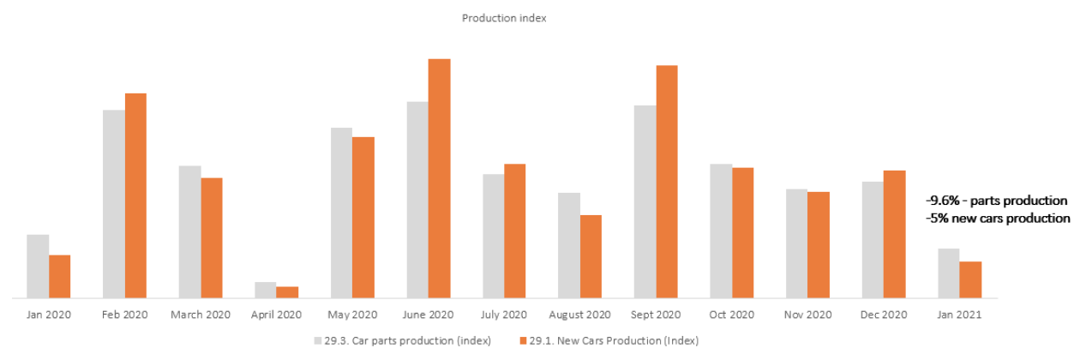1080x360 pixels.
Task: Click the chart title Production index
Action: [x=504, y=18]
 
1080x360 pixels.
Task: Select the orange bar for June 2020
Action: [x=439, y=178]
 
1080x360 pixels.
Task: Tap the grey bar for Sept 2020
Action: [x=645, y=201]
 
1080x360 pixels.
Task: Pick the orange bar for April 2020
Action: [x=287, y=292]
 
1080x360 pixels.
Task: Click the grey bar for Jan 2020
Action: [x=38, y=266]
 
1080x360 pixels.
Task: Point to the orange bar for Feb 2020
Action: [x=135, y=195]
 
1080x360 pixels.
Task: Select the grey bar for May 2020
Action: [x=341, y=213]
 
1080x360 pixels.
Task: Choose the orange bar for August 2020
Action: [x=591, y=256]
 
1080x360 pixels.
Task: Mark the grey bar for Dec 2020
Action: [x=873, y=240]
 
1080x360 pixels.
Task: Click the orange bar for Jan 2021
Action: [x=970, y=279]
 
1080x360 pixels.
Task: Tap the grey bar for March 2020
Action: [x=189, y=231]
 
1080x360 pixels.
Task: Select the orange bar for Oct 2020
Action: [x=742, y=232]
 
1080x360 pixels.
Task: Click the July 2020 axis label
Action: [x=503, y=315]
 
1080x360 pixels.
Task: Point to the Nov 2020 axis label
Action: [x=807, y=315]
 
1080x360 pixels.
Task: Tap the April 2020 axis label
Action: [x=275, y=315]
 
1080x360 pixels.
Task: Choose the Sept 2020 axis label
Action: [x=656, y=315]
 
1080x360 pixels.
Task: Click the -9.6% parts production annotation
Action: [x=997, y=201]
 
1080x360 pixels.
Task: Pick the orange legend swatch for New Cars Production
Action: [x=521, y=340]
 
